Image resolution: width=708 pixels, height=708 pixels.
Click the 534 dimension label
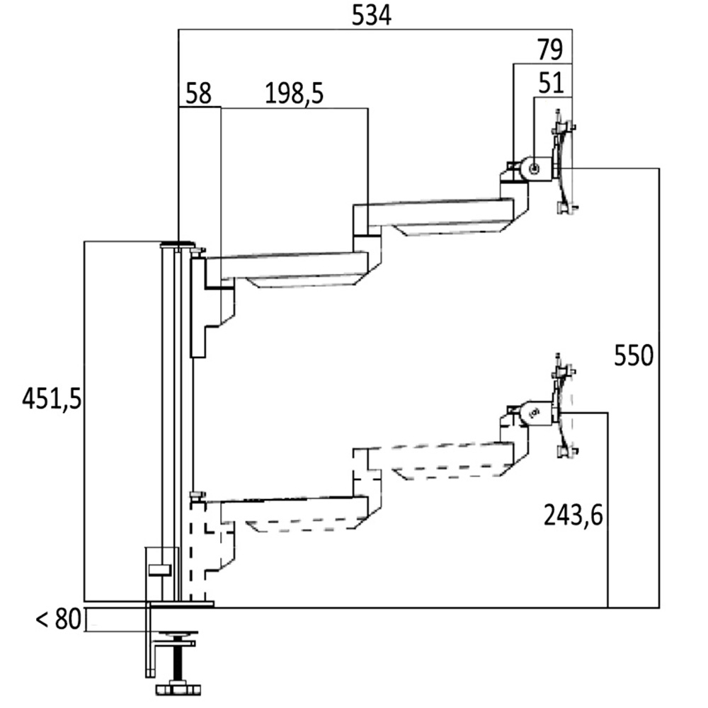click(x=371, y=16)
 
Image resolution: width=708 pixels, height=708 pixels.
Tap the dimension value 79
click(x=549, y=51)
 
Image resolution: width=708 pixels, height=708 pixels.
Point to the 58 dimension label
click(x=198, y=94)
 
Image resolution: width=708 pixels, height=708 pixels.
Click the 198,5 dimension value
click(x=294, y=94)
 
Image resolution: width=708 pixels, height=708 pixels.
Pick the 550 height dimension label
click(x=633, y=355)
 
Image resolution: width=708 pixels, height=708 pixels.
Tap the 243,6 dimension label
click(x=573, y=515)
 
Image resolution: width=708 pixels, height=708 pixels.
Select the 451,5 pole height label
click(x=52, y=399)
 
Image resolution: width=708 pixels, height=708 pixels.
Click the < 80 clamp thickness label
click(x=59, y=620)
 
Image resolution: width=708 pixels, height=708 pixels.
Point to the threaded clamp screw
click(x=173, y=662)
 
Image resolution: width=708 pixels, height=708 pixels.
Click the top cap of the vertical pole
click(x=177, y=244)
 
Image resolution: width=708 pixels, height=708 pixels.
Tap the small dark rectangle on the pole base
click(x=161, y=569)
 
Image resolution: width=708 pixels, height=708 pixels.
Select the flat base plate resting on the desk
click(x=181, y=604)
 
